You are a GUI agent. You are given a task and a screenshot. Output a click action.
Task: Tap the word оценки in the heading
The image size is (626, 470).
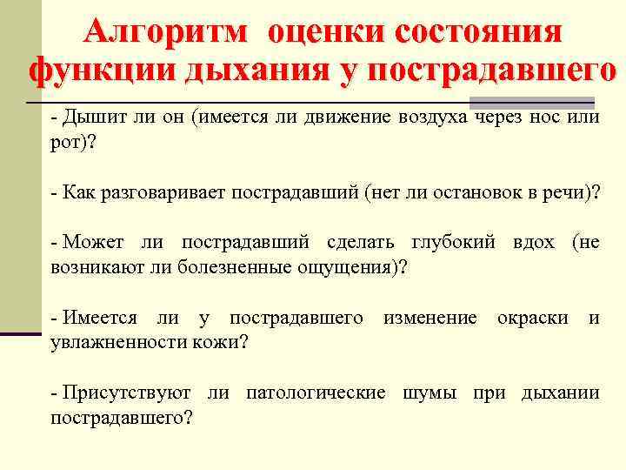(324, 32)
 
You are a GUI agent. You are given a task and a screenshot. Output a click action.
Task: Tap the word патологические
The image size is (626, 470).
(316, 393)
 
